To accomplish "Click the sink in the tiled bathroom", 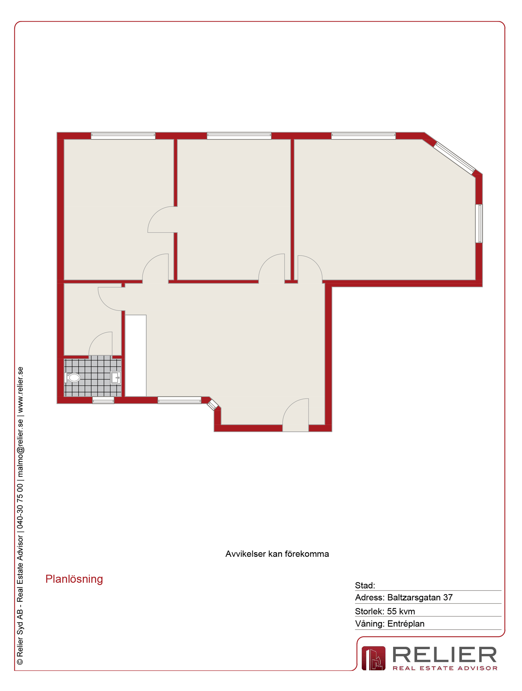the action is click(116, 378).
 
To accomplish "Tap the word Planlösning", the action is click(74, 579).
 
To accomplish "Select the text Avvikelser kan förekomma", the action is click(277, 554).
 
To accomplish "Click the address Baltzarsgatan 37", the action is click(420, 598).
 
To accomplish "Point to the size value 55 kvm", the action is click(401, 611).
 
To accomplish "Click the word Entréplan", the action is click(406, 624).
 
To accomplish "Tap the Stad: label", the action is click(365, 585).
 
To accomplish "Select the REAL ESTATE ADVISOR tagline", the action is click(445, 668).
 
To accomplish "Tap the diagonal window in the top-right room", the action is click(455, 158).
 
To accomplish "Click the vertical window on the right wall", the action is click(479, 223).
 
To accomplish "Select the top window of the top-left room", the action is click(123, 136).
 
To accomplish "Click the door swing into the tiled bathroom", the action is click(101, 344).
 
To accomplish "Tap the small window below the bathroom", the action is click(103, 400).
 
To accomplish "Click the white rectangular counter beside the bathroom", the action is click(135, 356).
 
